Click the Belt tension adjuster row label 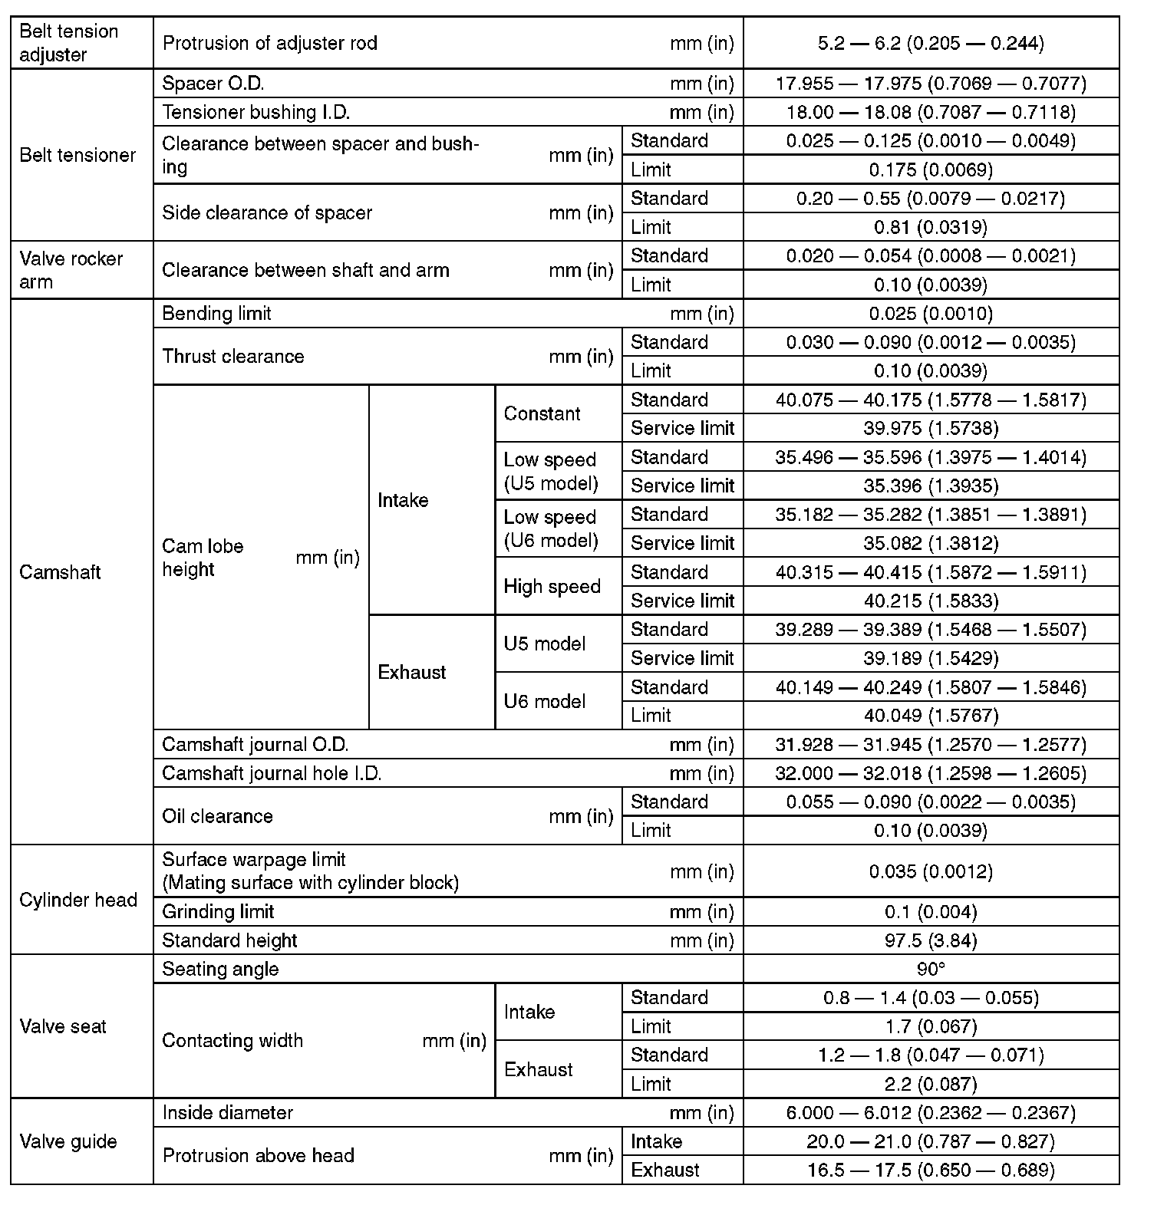69,43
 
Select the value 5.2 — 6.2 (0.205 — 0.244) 931,43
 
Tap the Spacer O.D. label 213,83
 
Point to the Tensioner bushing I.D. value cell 931,112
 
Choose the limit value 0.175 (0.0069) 931,170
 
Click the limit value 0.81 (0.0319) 931,227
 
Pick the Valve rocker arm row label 71,270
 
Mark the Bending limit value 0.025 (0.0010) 931,313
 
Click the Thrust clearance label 233,357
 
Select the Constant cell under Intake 542,413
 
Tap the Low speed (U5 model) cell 550,471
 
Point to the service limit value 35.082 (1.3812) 931,543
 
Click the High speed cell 552,587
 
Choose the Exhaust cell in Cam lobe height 412,673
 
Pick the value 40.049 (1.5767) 931,716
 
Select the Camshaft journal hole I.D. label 272,773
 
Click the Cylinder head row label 78,900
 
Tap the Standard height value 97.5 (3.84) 931,940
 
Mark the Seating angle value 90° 931,969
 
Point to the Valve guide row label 68,1141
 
